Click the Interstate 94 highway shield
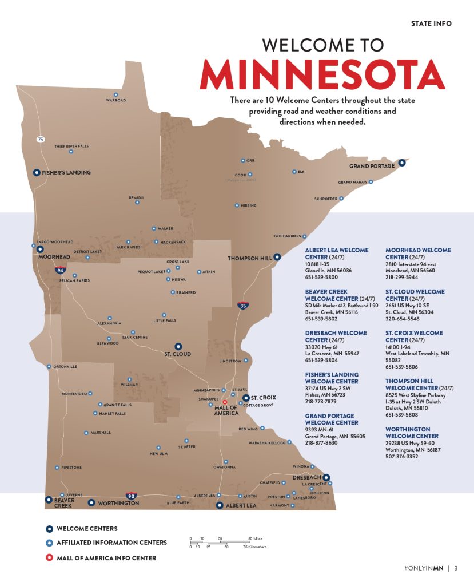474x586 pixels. click(x=60, y=269)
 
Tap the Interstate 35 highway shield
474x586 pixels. click(x=242, y=305)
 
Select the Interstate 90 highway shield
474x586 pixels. click(x=131, y=496)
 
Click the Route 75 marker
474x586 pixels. click(x=41, y=139)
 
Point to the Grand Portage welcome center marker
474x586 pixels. click(x=402, y=163)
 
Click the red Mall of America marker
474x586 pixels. click(x=225, y=402)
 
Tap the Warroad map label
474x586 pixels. click(x=115, y=101)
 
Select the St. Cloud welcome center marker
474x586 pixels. click(x=178, y=346)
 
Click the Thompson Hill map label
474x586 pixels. click(x=249, y=259)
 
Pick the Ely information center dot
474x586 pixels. click(x=294, y=172)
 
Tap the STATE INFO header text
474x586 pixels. click(x=431, y=23)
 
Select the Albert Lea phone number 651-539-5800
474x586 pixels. click(x=321, y=277)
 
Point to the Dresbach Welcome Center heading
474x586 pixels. click(x=333, y=336)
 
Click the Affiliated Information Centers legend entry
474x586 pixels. click(x=111, y=543)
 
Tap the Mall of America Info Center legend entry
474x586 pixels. click(x=106, y=557)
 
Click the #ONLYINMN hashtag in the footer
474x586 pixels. click(x=423, y=568)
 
